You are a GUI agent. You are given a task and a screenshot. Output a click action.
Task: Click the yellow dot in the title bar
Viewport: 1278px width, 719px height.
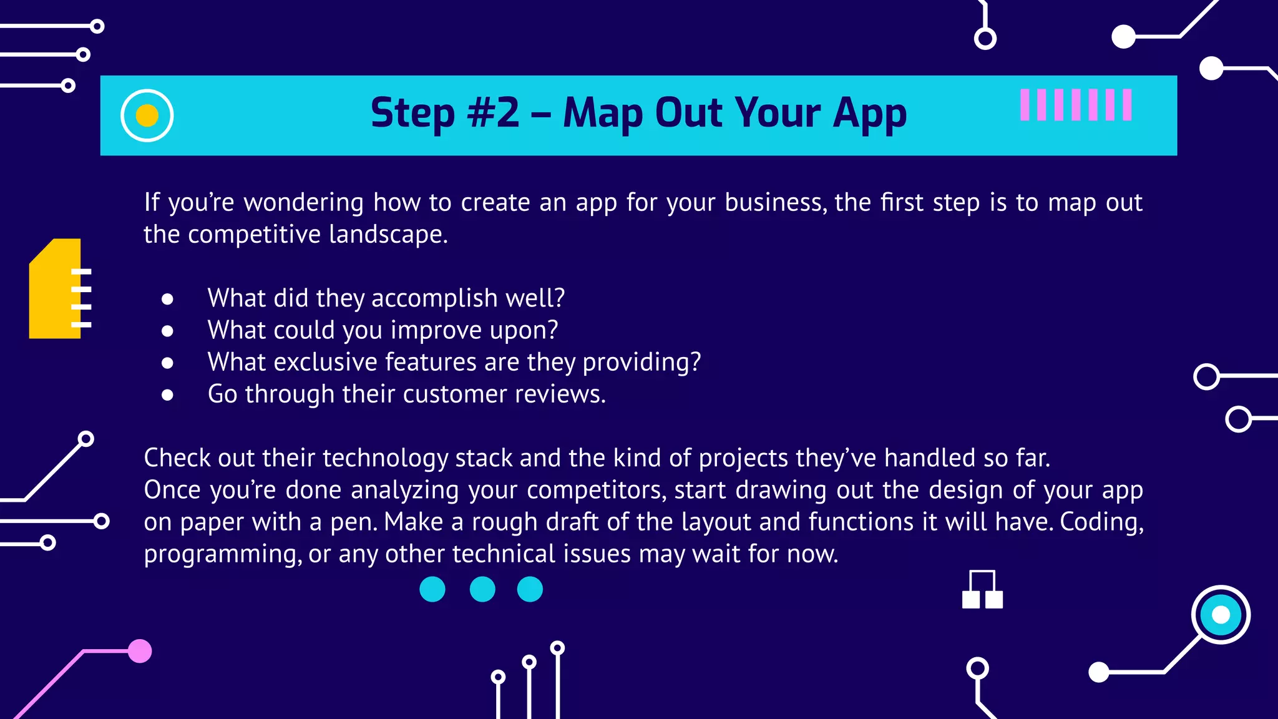(x=147, y=115)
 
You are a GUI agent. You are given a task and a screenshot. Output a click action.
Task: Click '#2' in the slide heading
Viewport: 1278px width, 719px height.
(x=493, y=113)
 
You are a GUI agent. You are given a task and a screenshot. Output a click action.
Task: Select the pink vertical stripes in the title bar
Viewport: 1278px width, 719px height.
(x=1075, y=105)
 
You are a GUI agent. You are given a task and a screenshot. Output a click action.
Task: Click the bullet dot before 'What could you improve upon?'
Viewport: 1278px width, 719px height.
(x=167, y=331)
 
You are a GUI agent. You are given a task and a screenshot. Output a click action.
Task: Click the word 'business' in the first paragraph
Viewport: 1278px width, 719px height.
(x=773, y=203)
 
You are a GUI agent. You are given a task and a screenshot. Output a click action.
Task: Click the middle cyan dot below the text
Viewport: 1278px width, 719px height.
(x=482, y=589)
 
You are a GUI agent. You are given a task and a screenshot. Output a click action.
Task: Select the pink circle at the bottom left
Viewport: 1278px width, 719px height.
(x=140, y=651)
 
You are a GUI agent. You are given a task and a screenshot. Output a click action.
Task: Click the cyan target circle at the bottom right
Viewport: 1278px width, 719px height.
(x=1220, y=615)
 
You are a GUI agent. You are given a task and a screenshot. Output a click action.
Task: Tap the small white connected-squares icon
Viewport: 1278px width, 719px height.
(x=982, y=590)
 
